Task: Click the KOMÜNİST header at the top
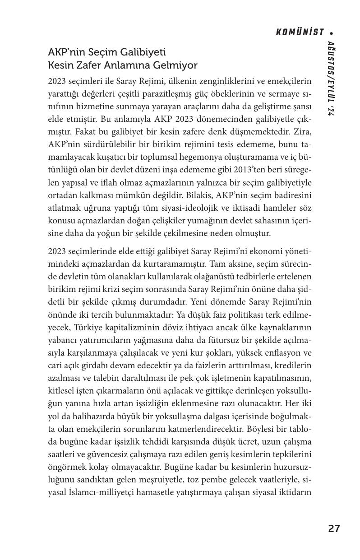click(300, 32)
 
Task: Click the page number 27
click(334, 529)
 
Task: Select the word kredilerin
click(292, 364)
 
